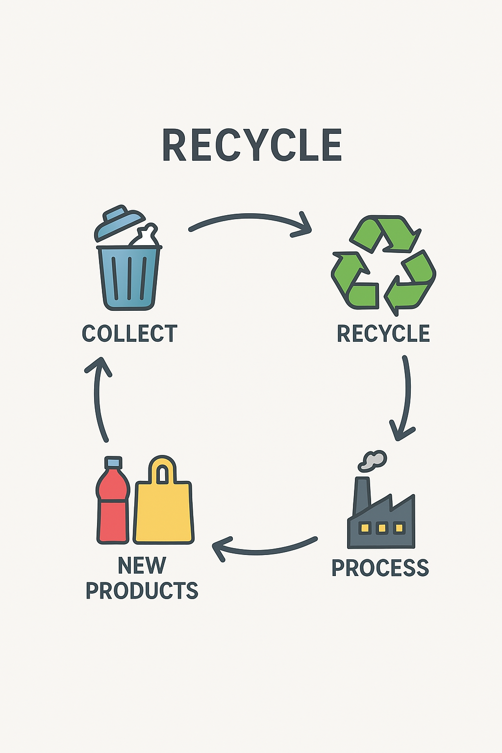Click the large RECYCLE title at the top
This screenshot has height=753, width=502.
pos(251,145)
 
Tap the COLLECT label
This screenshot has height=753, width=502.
pos(129,334)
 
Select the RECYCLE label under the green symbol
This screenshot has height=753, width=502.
pos(383,334)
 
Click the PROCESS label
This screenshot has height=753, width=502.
pos(380,568)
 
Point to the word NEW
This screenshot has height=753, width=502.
pos(142,566)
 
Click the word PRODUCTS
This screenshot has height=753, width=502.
pos(142,591)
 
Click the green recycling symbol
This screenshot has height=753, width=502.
pos(383,265)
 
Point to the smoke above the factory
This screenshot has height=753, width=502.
pos(374,461)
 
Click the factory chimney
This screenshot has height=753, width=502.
pos(361,495)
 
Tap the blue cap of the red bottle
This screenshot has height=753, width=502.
pos(113,462)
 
